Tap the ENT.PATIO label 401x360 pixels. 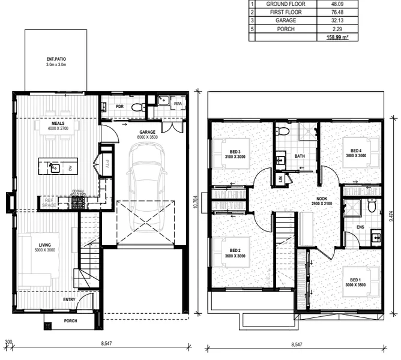coord(56,59)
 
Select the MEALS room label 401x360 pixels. coord(58,124)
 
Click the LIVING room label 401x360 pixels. coord(44,245)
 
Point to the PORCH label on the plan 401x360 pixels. coord(71,321)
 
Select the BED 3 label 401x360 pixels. coord(235,151)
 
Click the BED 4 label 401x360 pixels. coord(356,151)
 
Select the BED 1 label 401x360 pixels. coord(356,279)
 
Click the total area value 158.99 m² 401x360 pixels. coord(338,37)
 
